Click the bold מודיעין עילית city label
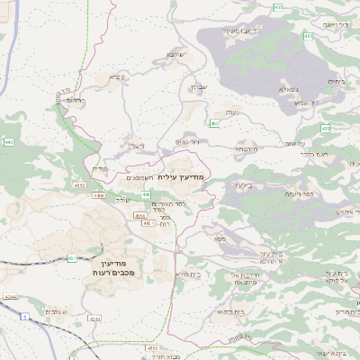(181, 178)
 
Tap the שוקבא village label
(175, 55)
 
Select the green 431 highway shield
(71, 258)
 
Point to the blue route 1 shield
(24, 317)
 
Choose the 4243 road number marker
(10, 294)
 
